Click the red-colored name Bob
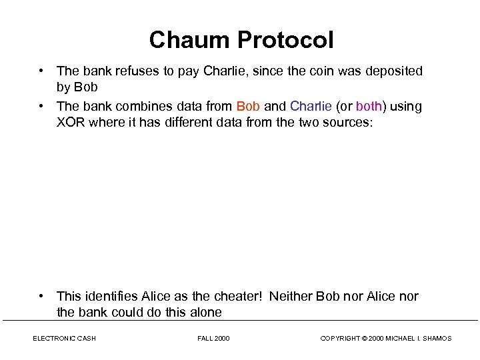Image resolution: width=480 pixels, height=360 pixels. coord(249,107)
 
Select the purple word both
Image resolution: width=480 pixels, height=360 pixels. coord(368,107)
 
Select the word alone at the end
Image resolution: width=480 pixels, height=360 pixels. coord(205,312)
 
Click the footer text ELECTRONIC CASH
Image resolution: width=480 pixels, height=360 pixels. coord(65,339)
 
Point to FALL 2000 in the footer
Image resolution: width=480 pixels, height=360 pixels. coord(213,339)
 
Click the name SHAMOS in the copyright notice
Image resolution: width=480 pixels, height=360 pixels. coord(437,339)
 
